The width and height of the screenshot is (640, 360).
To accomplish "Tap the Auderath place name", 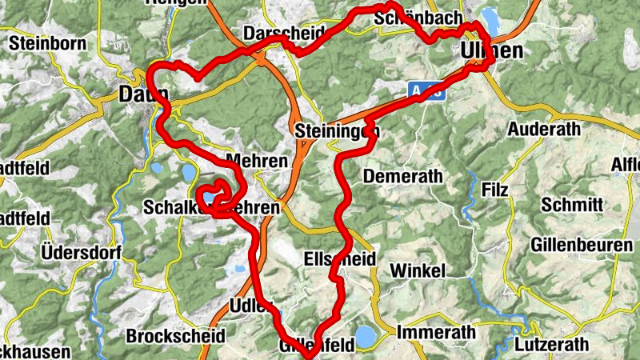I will tap(546, 128).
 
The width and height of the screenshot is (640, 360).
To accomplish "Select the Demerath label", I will tap(397, 177).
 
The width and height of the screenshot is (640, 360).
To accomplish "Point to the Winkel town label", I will tap(418, 271).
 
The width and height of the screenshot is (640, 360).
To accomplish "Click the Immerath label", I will tap(436, 332).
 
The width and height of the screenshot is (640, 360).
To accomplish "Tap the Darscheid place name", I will tap(282, 34).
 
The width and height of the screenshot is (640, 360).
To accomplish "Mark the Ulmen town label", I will tap(493, 51).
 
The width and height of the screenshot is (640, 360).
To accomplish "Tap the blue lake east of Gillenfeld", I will tap(365, 336).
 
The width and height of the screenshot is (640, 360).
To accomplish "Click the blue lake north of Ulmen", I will tap(490, 22).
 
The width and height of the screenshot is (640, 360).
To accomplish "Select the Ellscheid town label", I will tap(340, 259).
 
